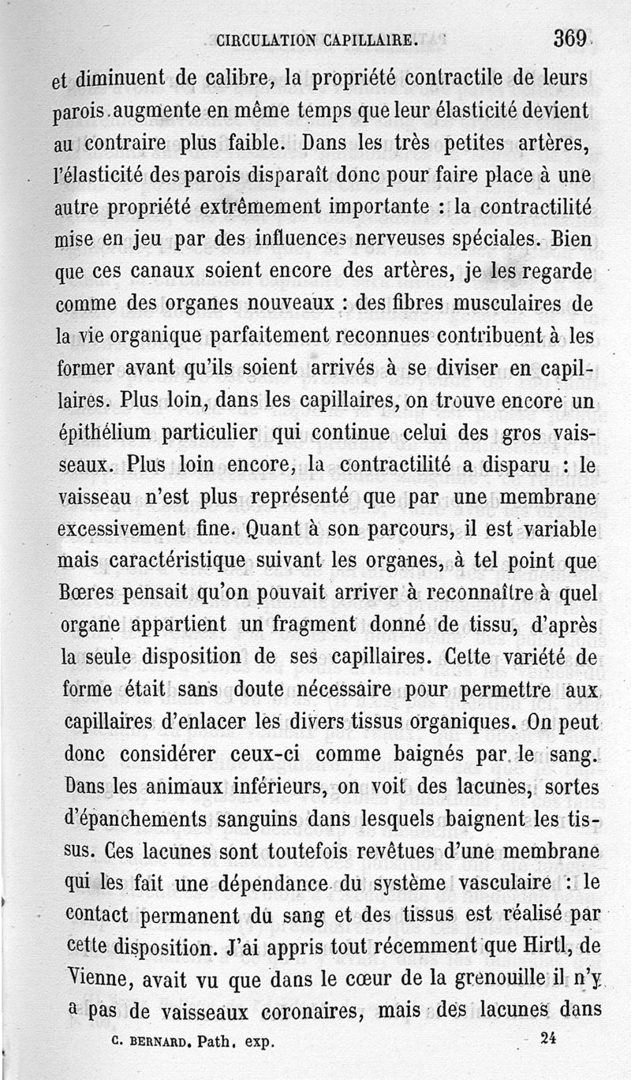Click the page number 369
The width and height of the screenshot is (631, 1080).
pyautogui.click(x=568, y=38)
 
